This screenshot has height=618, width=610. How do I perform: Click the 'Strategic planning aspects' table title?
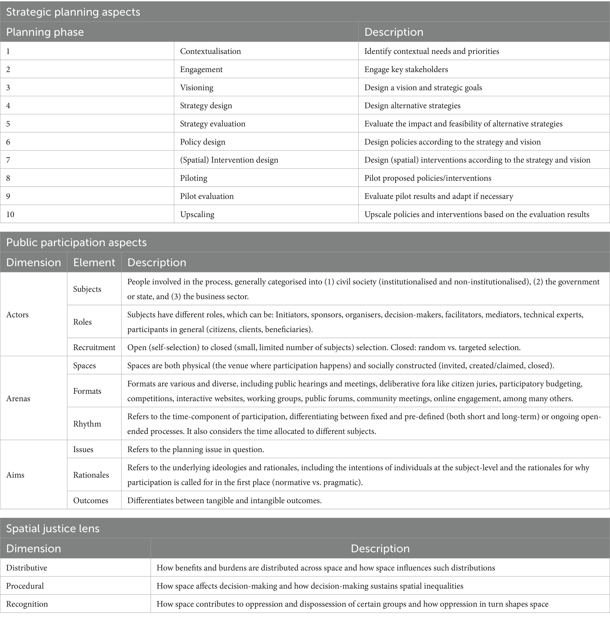click(x=73, y=12)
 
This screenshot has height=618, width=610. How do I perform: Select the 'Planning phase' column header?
click(x=45, y=32)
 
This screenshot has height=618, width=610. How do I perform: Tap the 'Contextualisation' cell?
click(x=210, y=51)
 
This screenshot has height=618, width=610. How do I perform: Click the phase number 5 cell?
click(x=8, y=124)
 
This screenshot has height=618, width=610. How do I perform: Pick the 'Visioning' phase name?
click(x=196, y=88)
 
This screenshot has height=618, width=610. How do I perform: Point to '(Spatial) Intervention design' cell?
click(x=229, y=160)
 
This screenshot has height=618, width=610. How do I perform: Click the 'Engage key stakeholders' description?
click(x=406, y=69)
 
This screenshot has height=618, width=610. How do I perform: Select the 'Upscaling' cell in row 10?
click(x=197, y=214)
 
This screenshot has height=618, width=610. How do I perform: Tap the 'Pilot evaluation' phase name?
click(x=207, y=196)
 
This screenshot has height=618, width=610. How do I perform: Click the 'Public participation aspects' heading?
click(x=76, y=242)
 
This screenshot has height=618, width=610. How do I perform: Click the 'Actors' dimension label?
click(x=18, y=314)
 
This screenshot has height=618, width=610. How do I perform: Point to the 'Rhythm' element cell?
click(x=87, y=424)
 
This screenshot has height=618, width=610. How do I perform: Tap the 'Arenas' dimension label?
click(x=18, y=399)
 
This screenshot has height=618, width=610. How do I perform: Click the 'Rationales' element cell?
click(x=91, y=475)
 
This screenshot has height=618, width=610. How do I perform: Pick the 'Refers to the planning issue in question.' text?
click(x=196, y=449)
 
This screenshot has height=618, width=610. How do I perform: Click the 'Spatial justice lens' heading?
click(x=53, y=529)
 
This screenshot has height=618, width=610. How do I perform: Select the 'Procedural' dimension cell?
click(x=25, y=586)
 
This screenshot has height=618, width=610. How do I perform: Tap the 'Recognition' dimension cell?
click(x=27, y=604)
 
